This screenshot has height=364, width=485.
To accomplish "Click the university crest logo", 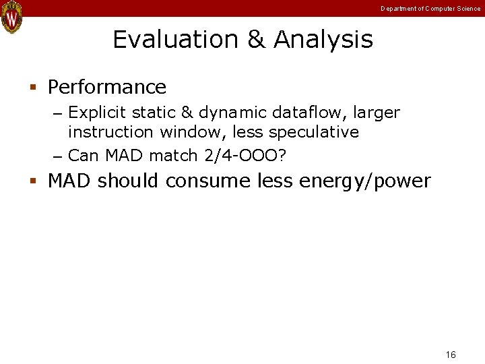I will [11, 17].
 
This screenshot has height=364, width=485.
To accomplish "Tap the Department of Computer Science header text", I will [430, 9].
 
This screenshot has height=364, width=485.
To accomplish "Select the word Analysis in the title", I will [323, 40].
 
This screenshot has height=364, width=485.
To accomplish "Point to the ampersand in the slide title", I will [257, 40].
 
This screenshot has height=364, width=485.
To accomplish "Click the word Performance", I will [107, 88].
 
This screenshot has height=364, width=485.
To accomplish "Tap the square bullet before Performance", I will [32, 88].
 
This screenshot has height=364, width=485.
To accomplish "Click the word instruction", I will [111, 132].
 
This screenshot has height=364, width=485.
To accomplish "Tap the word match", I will [173, 156].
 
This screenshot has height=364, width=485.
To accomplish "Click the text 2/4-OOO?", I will [245, 156].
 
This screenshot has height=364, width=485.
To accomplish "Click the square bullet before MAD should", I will [32, 181].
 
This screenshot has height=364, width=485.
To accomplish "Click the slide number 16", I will [451, 355].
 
